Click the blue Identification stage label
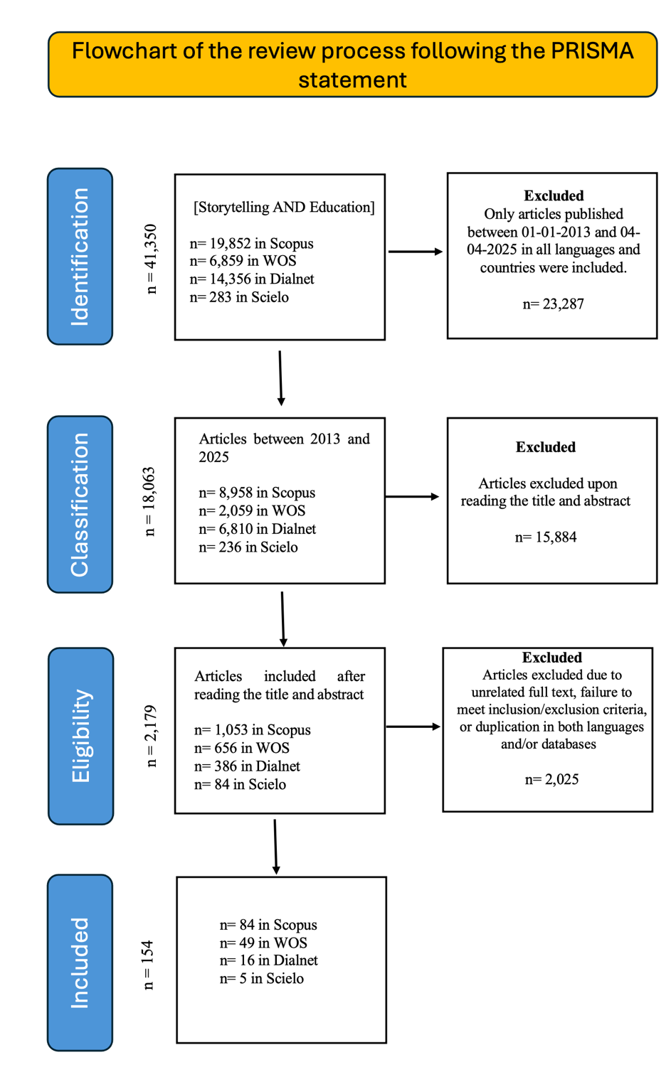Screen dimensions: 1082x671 click(80, 257)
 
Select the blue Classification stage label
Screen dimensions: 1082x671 click(80, 504)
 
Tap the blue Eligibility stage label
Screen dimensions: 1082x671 click(80, 736)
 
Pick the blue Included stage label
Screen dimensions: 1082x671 click(80, 963)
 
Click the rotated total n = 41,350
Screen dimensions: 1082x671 click(150, 259)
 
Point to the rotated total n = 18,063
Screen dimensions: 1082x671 click(149, 501)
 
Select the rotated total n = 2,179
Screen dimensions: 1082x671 click(150, 736)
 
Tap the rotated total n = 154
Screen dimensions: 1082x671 click(148, 965)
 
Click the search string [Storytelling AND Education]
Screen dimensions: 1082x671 click(284, 207)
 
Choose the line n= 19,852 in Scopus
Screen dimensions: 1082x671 click(251, 243)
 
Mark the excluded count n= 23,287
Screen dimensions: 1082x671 click(553, 304)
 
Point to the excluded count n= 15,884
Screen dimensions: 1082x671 click(546, 537)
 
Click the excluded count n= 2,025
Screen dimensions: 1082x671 click(551, 780)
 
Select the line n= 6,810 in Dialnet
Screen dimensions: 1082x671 click(257, 529)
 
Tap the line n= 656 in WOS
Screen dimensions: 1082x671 click(242, 748)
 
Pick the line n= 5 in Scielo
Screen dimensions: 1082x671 click(261, 978)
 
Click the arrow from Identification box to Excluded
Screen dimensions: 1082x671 click(416, 252)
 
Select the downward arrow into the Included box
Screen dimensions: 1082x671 click(275, 846)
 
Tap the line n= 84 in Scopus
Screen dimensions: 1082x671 click(268, 925)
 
